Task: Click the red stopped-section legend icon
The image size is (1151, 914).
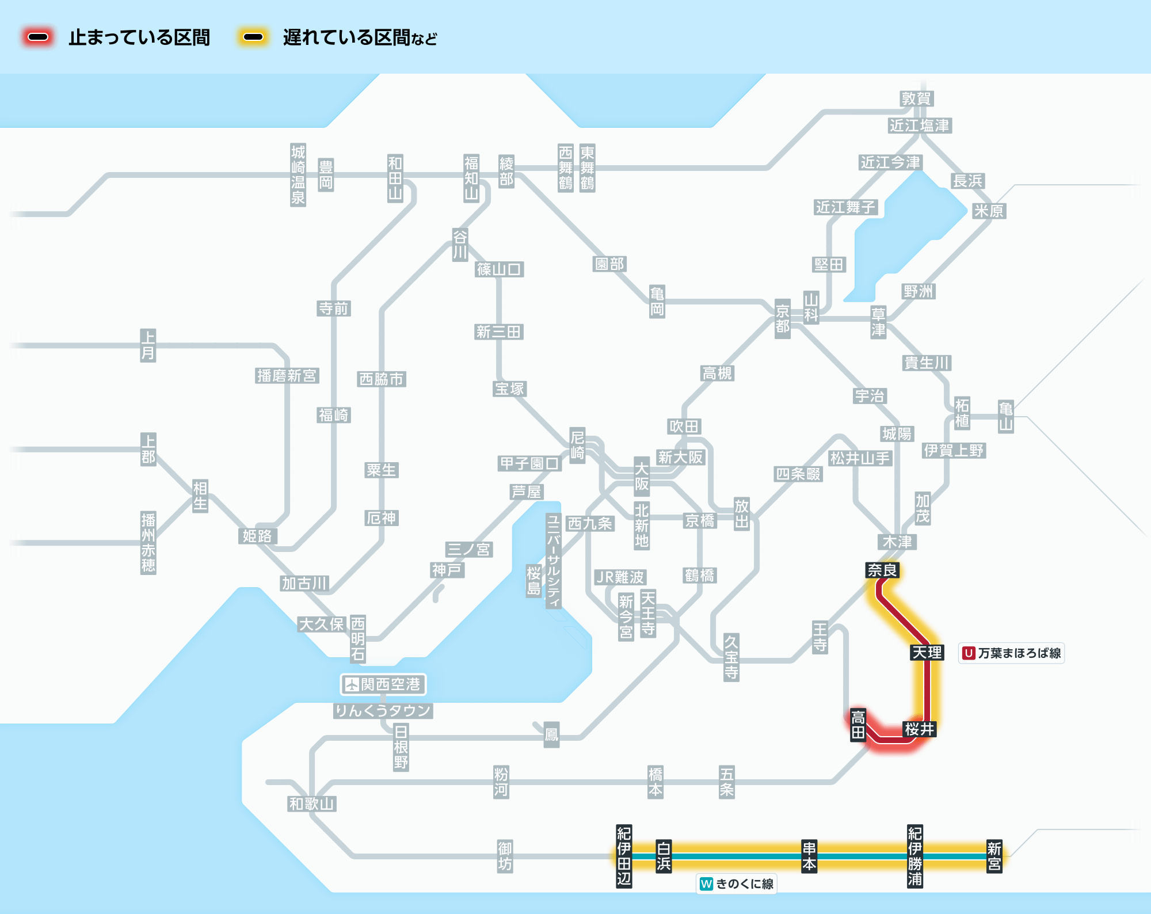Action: [x=38, y=37]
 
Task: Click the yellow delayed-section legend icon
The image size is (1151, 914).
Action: [x=253, y=37]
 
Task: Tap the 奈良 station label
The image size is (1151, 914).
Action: [x=882, y=570]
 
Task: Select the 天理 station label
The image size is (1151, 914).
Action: [x=927, y=653]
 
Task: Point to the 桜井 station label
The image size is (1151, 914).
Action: [x=919, y=729]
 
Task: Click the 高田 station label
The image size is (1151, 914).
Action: [x=858, y=725]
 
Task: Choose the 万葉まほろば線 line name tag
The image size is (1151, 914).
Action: [x=1011, y=653]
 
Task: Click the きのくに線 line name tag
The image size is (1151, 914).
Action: [x=737, y=883]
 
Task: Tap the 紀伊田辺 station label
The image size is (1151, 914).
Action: [x=624, y=856]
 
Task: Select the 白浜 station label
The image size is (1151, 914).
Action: [x=664, y=856]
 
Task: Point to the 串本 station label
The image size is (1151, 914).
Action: [x=809, y=856]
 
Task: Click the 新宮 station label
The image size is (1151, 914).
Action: [x=994, y=856]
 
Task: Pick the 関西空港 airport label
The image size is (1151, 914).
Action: [x=383, y=684]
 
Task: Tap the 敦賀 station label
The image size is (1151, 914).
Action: [x=916, y=98]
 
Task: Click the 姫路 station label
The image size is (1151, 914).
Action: [x=257, y=536]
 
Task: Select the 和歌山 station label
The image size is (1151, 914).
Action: [x=311, y=803]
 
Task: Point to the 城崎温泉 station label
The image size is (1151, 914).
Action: [x=298, y=175]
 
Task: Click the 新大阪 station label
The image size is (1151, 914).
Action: [x=681, y=458]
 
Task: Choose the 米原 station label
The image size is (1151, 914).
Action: [x=988, y=211]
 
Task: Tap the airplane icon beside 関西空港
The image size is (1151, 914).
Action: [x=351, y=684]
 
